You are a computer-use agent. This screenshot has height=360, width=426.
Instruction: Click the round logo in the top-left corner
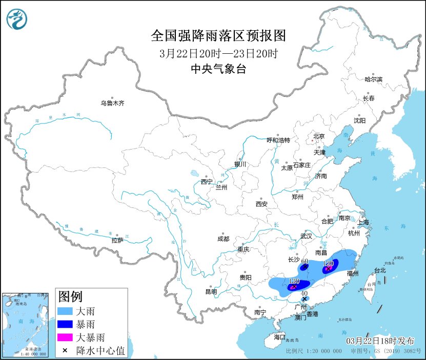16,19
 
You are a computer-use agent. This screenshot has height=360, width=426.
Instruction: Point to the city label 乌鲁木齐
112,103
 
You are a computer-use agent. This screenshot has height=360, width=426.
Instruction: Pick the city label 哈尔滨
373,79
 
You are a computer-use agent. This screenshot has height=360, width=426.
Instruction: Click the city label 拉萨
117,240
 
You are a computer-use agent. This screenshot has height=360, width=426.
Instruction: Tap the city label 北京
319,136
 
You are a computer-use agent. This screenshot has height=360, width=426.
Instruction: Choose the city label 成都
224,239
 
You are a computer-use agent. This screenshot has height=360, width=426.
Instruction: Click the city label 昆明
211,292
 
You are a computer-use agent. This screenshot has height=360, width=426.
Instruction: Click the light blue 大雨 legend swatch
66,311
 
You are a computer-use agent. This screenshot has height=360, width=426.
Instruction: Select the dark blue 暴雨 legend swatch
66,324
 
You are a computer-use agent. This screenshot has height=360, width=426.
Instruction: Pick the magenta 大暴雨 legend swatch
66,337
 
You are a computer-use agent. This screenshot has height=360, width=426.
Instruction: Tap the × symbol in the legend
66,351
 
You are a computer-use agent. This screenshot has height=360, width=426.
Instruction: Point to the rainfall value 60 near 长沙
305,261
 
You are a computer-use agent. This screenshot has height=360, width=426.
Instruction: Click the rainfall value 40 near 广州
305,292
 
